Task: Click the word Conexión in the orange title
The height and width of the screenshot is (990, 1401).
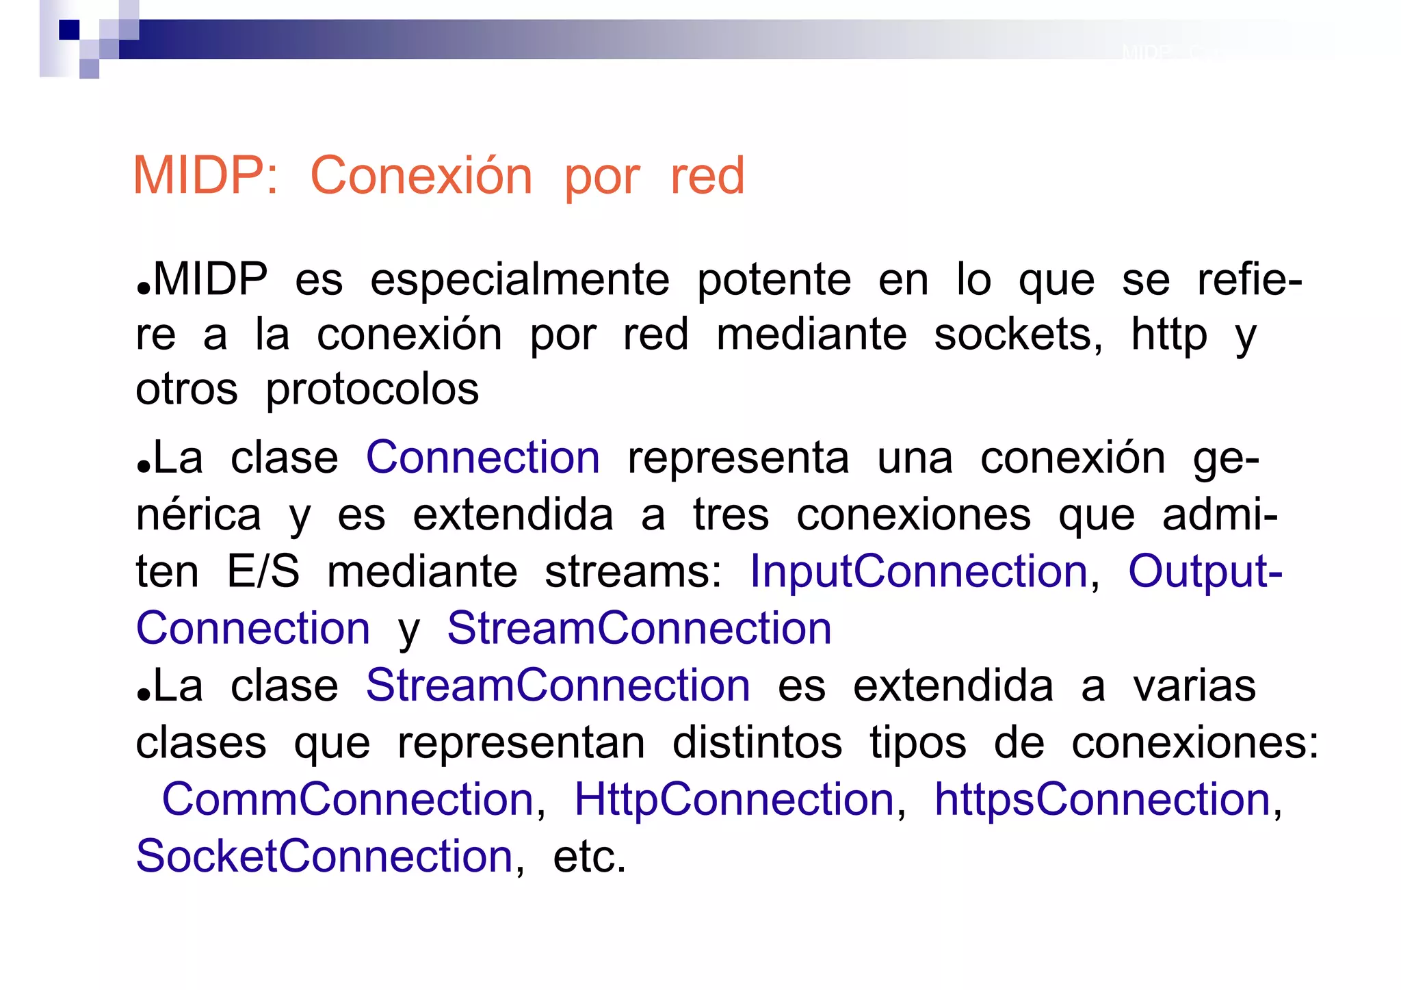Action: coord(421,176)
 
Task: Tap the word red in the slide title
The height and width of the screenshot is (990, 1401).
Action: coord(707,176)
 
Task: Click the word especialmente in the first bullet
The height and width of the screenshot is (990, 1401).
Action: coord(519,280)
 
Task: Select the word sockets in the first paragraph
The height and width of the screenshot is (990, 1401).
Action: coord(1018,335)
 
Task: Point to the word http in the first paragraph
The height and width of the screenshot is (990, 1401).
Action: coord(1169,335)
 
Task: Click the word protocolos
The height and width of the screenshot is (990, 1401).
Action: coord(372,390)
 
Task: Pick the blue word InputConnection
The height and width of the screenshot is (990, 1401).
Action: coord(919,571)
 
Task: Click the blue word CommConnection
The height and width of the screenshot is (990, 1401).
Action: coord(348,799)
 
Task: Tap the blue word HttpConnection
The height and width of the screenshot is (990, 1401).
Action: coord(734,799)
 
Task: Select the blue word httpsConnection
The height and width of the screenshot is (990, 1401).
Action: coord(1102,799)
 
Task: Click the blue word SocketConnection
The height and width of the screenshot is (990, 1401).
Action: coord(324,856)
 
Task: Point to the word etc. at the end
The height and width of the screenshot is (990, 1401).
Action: coord(589,857)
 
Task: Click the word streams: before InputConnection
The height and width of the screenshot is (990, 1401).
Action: coord(633,572)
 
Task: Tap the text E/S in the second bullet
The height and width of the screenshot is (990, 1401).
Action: coord(263,571)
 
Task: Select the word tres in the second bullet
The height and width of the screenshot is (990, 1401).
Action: coord(731,514)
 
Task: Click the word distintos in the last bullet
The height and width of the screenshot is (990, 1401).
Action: coord(757,742)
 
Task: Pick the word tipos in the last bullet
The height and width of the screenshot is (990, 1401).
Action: coord(918,742)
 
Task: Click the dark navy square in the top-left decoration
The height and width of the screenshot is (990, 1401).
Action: coord(69,30)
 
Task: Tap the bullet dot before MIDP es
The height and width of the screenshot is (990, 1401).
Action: coord(143,287)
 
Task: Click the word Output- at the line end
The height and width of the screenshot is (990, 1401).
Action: coord(1205,571)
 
